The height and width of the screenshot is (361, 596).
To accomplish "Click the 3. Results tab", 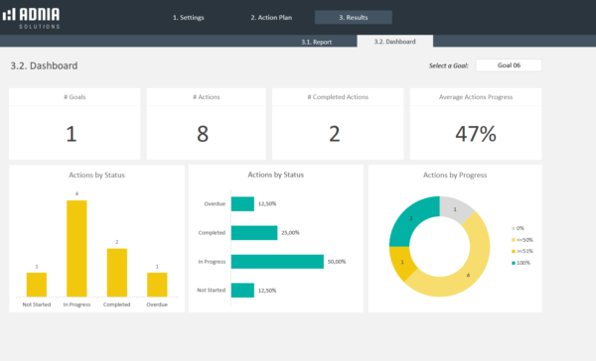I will [x=353, y=18].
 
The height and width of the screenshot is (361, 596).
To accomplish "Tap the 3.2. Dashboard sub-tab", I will [x=393, y=42].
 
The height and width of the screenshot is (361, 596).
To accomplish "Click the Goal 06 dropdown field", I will [x=509, y=65].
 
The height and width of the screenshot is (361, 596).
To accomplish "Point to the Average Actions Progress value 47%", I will [x=475, y=134].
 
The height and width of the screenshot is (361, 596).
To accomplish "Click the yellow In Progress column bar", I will [x=76, y=248].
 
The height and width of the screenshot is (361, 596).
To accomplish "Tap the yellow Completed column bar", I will [x=116, y=272].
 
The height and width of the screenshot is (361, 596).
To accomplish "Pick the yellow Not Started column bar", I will [x=36, y=284].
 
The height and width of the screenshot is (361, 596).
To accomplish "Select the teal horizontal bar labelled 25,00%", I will [x=252, y=232].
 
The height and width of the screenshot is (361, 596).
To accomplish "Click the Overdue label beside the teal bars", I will [x=215, y=203].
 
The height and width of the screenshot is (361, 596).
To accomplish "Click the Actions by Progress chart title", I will [x=455, y=175].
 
